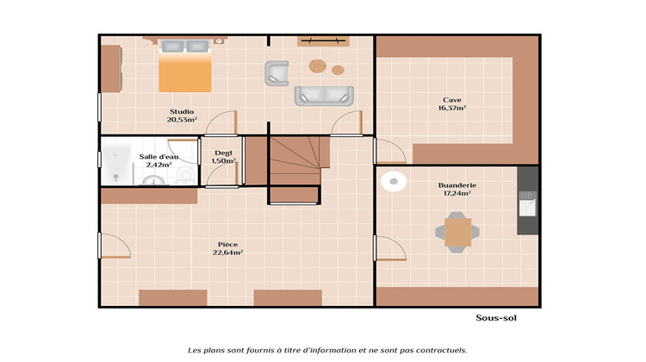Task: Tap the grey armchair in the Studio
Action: tap(276, 72)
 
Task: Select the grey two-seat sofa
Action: tap(324, 95)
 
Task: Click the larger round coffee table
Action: tap(319, 65)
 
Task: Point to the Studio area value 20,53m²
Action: tap(182, 120)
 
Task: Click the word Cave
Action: tap(452, 99)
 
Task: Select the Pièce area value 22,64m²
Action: tap(227, 253)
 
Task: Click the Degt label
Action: tap(223, 153)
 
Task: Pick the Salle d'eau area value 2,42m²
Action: tap(159, 164)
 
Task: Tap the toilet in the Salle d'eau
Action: tap(184, 175)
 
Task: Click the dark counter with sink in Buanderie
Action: tap(526, 201)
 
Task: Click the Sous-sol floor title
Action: tap(495, 317)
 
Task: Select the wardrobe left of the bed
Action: tap(109, 68)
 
